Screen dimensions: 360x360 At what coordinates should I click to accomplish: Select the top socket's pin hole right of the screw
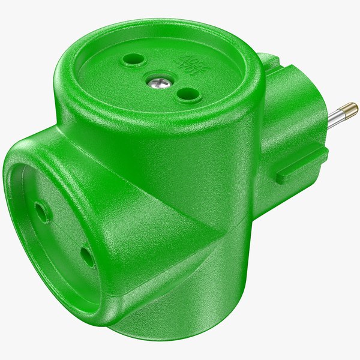(188, 94)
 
